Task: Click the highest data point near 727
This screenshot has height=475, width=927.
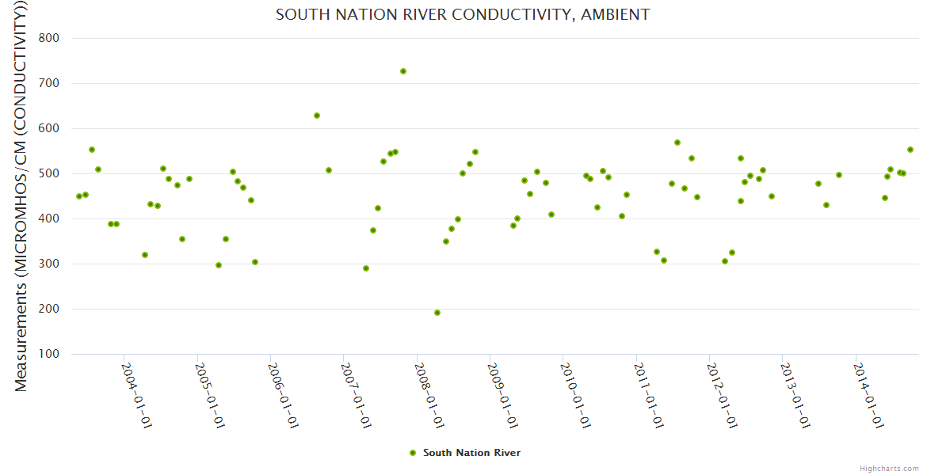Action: (x=403, y=71)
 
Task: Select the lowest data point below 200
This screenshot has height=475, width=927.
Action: (x=437, y=313)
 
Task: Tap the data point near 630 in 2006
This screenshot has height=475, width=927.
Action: (x=317, y=116)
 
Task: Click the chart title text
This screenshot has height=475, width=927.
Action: (x=463, y=14)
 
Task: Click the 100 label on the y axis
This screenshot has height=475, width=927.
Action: (x=60, y=354)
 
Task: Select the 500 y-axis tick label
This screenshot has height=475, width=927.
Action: (x=60, y=173)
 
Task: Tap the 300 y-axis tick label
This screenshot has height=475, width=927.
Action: (x=60, y=264)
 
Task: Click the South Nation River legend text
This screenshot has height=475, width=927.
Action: (x=471, y=453)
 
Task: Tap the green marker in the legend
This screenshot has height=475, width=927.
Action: (x=412, y=453)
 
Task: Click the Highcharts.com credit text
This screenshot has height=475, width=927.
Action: (x=889, y=468)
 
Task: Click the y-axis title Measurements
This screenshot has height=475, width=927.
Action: (x=21, y=198)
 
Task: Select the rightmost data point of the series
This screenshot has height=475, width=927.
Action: (x=910, y=150)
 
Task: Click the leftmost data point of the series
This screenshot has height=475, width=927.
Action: (x=79, y=196)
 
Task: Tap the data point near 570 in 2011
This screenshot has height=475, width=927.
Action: (x=677, y=142)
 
